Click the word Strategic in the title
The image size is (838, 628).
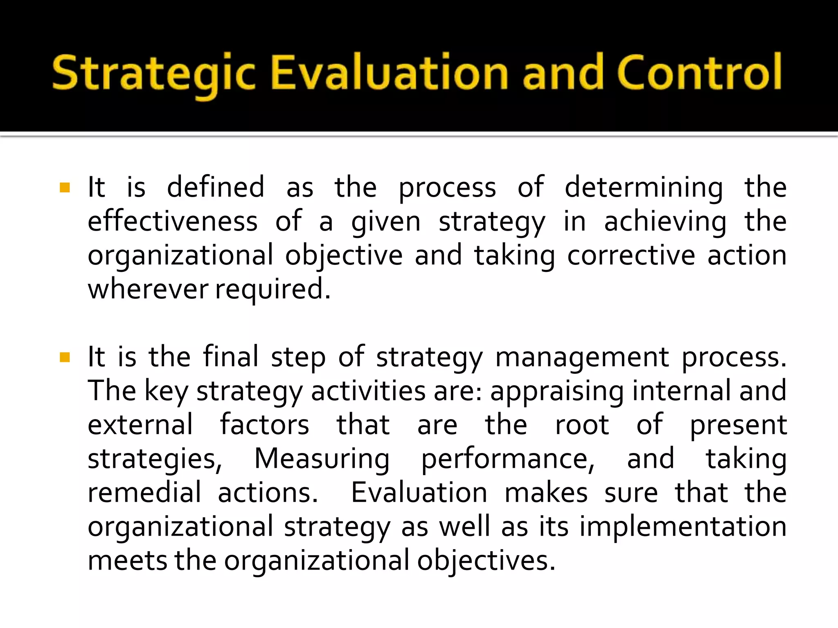(153, 74)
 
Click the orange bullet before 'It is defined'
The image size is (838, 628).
(65, 188)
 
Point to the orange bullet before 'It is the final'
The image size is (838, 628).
(65, 358)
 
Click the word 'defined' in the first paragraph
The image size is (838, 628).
(216, 187)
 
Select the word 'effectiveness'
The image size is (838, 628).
(173, 221)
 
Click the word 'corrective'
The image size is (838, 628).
(631, 255)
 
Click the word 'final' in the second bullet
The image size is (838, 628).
(231, 357)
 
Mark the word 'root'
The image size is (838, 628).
(582, 425)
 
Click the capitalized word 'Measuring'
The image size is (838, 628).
(322, 459)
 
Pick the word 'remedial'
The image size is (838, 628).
(144, 492)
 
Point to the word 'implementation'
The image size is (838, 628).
(683, 527)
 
